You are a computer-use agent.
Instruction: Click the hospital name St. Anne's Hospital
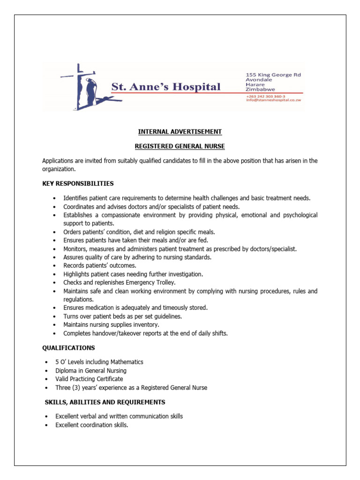click(x=165, y=87)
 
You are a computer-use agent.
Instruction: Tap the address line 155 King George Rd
click(x=274, y=75)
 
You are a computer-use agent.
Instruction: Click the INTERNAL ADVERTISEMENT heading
click(x=180, y=132)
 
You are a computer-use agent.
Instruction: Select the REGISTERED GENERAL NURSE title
click(x=180, y=146)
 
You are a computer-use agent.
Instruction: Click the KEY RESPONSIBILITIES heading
click(x=78, y=183)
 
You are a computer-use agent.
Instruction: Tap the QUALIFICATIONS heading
click(x=68, y=348)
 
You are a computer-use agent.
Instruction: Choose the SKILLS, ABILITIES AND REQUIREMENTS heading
click(x=105, y=402)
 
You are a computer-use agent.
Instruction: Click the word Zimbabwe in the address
click(x=261, y=89)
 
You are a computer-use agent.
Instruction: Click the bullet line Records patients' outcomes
click(x=100, y=265)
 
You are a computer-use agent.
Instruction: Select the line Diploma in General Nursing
click(x=91, y=370)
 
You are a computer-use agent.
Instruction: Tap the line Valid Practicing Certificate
click(x=89, y=379)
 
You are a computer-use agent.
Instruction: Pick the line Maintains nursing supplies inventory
click(x=111, y=324)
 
